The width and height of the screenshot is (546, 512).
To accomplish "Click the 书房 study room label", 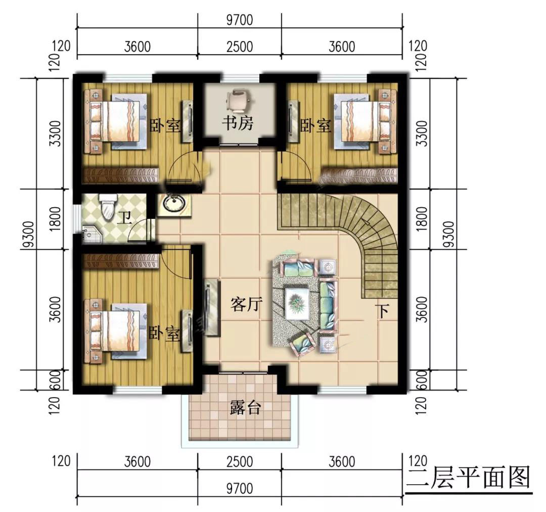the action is [238, 123].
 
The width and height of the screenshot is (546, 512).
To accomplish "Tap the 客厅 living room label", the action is [246, 305].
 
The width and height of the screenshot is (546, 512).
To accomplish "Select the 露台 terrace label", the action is [245, 407].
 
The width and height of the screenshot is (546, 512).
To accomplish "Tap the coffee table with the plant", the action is [297, 302].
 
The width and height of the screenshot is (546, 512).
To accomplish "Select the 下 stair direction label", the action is [383, 311].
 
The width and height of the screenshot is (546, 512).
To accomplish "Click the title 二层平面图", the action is [469, 477].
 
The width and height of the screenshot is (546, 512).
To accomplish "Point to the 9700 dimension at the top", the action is [240, 20].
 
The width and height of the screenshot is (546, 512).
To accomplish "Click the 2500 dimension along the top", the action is [240, 46].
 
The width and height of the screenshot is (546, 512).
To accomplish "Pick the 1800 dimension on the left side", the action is [55, 219].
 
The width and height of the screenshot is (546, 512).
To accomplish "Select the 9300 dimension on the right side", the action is [449, 234].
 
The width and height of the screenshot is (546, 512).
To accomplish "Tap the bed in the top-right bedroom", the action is [365, 120].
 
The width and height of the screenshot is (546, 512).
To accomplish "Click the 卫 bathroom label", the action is [124, 218].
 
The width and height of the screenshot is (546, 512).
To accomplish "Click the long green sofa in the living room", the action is [328, 305].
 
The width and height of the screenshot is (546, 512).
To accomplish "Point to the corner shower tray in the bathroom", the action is [90, 234].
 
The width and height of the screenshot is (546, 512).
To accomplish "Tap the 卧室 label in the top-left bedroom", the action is [165, 125].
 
